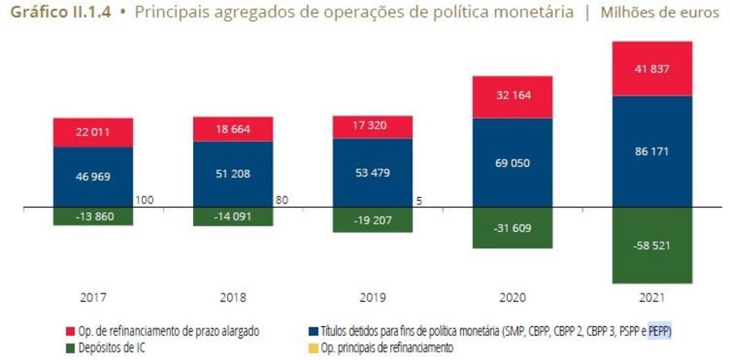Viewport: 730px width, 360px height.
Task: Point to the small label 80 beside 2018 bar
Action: click(x=282, y=199)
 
